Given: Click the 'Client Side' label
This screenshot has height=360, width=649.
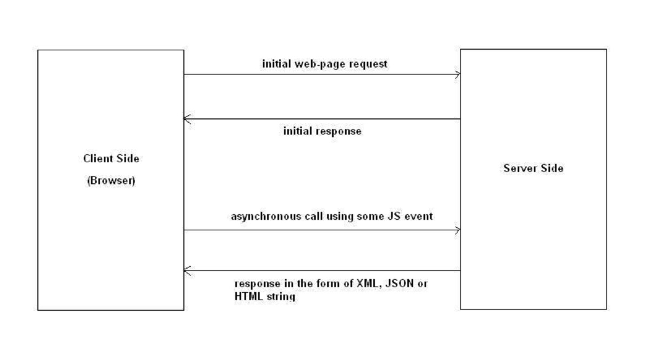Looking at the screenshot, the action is [x=111, y=159].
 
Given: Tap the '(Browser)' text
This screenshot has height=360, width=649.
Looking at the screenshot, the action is [x=111, y=181].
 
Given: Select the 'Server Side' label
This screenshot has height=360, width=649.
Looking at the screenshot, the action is [x=533, y=168].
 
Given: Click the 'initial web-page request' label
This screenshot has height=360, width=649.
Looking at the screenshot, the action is [x=325, y=64].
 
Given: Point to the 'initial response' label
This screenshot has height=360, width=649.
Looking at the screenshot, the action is [x=322, y=131].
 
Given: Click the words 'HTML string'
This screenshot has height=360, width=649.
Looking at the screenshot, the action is [x=265, y=297].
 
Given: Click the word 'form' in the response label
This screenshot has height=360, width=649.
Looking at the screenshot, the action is [x=329, y=283].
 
